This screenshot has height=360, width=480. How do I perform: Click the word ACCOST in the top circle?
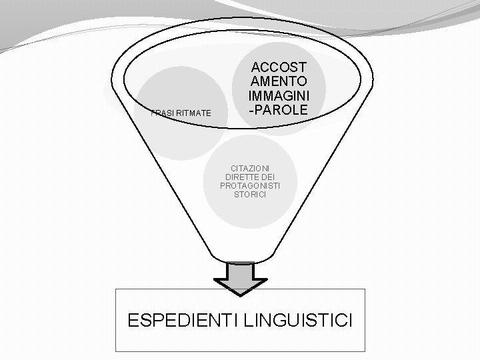279,67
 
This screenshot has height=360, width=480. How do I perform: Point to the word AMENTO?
279,81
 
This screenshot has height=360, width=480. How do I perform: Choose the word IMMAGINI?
279,95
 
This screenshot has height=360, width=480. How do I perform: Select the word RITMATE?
193,114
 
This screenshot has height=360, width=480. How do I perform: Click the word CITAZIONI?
250,169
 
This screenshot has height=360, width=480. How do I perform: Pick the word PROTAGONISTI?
250,186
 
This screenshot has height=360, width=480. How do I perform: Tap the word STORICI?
250,195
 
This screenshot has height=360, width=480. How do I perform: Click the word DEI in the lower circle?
268,177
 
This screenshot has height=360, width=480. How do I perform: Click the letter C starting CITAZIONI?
233,169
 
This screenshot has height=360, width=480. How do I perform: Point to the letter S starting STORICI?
237,195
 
